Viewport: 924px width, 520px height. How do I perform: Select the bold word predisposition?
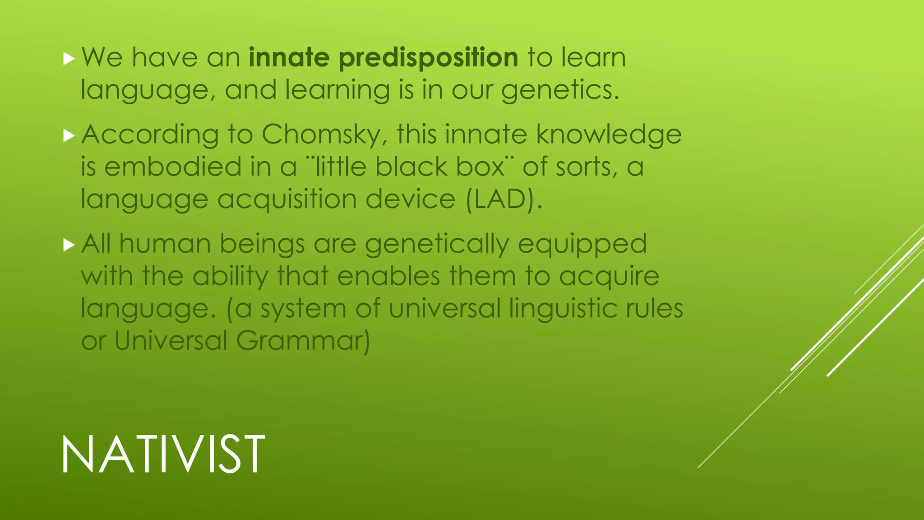[428, 58]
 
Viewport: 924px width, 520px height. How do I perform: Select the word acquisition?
[287, 200]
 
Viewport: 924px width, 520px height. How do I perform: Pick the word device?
[410, 200]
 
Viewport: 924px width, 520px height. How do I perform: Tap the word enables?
[388, 276]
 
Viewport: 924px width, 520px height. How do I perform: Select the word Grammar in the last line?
[302, 341]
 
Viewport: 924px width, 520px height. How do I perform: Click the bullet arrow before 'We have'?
[69, 58]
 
